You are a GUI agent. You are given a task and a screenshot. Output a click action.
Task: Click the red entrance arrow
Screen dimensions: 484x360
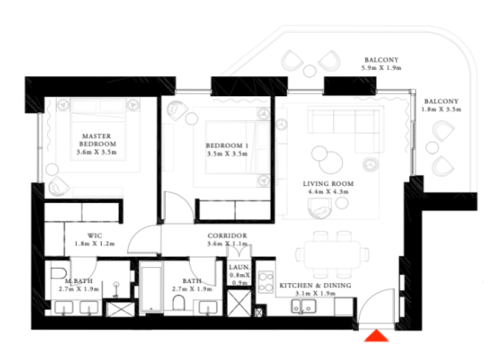[x=377, y=336]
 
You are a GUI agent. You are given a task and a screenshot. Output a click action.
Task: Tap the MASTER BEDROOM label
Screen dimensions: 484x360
[x=97, y=140]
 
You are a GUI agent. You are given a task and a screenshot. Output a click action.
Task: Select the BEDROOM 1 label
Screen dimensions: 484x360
[x=227, y=145]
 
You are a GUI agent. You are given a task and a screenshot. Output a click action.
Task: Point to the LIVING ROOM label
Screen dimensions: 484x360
[x=328, y=184]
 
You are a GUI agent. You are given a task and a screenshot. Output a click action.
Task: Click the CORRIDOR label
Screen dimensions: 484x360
[x=228, y=236]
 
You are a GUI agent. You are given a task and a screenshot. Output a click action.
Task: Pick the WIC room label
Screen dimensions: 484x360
[x=95, y=236]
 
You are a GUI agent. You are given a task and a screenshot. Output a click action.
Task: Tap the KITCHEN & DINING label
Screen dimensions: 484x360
[x=315, y=285]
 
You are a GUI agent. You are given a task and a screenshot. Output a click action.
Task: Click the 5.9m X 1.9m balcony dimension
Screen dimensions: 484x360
[x=381, y=68]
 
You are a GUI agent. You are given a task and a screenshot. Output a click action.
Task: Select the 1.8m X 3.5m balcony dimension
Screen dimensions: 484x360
[x=441, y=109]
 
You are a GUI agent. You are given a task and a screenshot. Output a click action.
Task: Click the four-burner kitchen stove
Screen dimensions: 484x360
[x=266, y=282]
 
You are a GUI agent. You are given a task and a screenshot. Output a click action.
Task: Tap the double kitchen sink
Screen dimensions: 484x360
[x=304, y=306]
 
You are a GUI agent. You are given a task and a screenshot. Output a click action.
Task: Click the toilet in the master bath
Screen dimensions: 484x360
[x=58, y=273]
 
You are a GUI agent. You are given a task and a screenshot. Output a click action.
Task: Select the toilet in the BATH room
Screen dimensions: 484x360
[x=179, y=303]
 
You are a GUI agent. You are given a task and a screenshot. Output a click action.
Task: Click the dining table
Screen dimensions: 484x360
[x=332, y=255]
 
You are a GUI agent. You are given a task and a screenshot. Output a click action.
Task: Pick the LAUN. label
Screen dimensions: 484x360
[x=239, y=267]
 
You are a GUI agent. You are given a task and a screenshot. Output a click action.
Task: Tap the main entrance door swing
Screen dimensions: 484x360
[x=376, y=306]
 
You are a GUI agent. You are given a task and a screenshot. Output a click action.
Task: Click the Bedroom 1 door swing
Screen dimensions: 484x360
[x=179, y=206]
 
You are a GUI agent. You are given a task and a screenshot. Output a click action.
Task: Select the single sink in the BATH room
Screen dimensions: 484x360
[x=208, y=308]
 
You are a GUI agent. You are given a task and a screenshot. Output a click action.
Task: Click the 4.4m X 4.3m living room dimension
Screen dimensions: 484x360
[x=328, y=192]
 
